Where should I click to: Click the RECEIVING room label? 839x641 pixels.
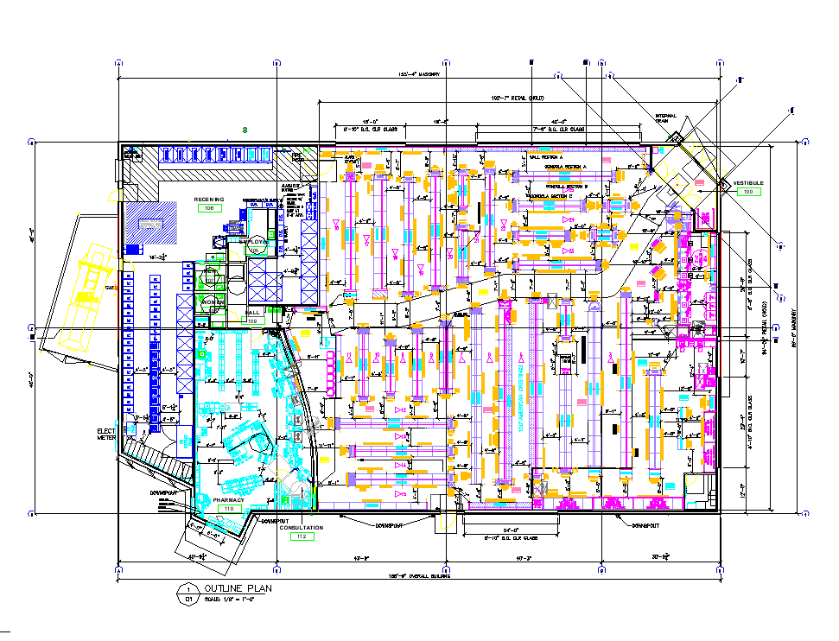(x=209, y=200)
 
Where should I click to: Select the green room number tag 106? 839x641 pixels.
(x=209, y=208)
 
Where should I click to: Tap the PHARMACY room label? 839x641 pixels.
(x=229, y=500)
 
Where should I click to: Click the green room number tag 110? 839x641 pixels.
(x=229, y=509)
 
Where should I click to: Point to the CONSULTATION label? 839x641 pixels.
(x=301, y=527)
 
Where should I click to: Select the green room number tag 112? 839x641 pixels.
(x=301, y=536)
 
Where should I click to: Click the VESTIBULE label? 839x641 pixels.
(x=748, y=183)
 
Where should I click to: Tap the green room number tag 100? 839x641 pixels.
(x=748, y=192)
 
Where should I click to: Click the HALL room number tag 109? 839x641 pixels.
(x=252, y=320)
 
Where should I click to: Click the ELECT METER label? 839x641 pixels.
(x=106, y=434)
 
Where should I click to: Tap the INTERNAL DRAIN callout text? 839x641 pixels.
(x=666, y=118)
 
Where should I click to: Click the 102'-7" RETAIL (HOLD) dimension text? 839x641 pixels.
(x=518, y=98)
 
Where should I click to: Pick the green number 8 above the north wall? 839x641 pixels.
(x=245, y=130)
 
